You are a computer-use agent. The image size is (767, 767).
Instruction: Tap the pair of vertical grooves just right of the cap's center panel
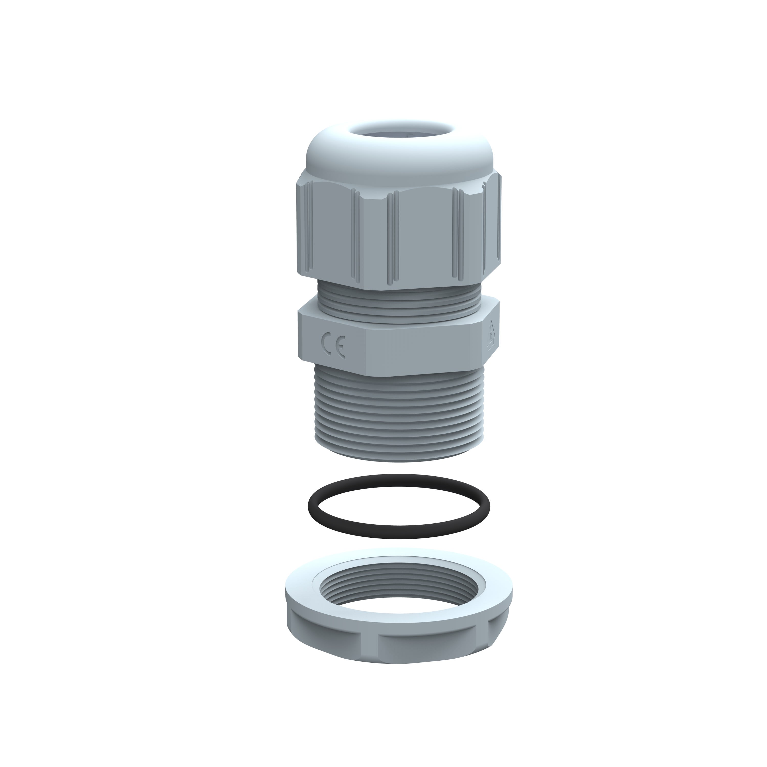click(460, 234)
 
